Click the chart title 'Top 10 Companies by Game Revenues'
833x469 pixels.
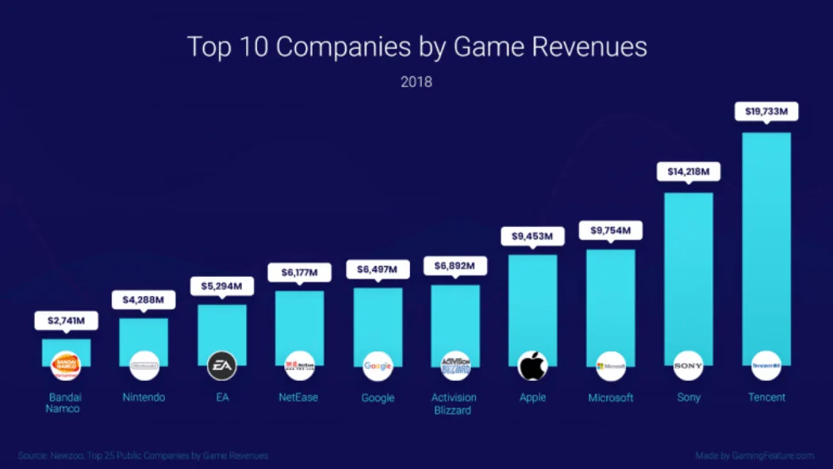(x=416, y=47)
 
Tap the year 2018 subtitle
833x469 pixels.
(x=416, y=82)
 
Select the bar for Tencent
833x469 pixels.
(x=766, y=238)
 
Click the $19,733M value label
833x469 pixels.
(x=766, y=112)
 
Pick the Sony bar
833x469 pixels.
(x=688, y=270)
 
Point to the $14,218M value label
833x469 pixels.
(x=688, y=171)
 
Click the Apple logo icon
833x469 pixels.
(x=533, y=366)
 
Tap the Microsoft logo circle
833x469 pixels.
(x=611, y=366)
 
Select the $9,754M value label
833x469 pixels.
(x=611, y=230)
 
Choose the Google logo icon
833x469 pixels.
(x=378, y=366)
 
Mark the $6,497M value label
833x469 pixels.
(x=378, y=270)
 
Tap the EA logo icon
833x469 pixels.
(x=222, y=366)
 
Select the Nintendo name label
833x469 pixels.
(x=144, y=397)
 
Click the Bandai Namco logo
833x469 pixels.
(x=66, y=366)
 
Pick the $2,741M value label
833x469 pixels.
(x=66, y=321)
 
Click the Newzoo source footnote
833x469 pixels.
(x=143, y=456)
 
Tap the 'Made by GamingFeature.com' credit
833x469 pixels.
(x=754, y=456)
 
